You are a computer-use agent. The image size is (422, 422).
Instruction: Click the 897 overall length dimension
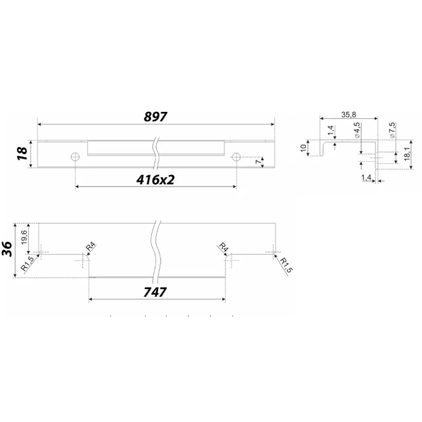(x=155, y=117)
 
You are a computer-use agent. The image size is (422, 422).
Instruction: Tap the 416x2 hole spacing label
(x=155, y=180)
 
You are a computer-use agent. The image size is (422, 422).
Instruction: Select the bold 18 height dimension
(x=23, y=153)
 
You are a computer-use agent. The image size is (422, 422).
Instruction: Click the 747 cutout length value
(x=155, y=293)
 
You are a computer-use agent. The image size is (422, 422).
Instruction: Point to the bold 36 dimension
(x=7, y=249)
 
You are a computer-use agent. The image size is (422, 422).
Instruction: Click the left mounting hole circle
(x=75, y=157)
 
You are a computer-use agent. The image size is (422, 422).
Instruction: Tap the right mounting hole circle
(x=236, y=157)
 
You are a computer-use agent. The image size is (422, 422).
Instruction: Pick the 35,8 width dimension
(x=349, y=115)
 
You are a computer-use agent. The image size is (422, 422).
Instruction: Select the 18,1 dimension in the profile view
(x=407, y=154)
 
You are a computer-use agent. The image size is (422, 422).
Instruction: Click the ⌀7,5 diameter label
(x=392, y=130)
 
